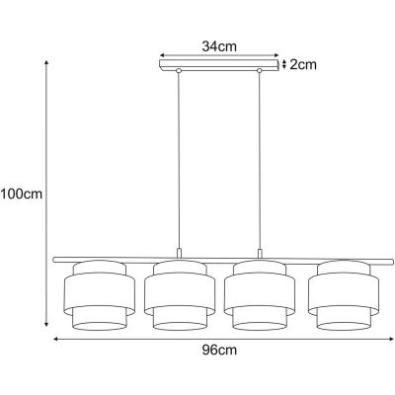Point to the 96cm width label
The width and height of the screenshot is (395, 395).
coord(219,350)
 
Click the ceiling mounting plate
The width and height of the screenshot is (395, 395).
coord(220,66)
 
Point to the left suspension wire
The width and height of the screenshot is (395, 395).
coord(179,158)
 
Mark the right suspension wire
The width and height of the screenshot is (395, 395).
coord(261,158)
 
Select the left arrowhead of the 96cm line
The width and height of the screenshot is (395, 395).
coord(55,338)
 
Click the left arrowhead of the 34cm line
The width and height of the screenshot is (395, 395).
coord(162,55)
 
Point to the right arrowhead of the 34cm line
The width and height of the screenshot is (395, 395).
coord(278,55)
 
